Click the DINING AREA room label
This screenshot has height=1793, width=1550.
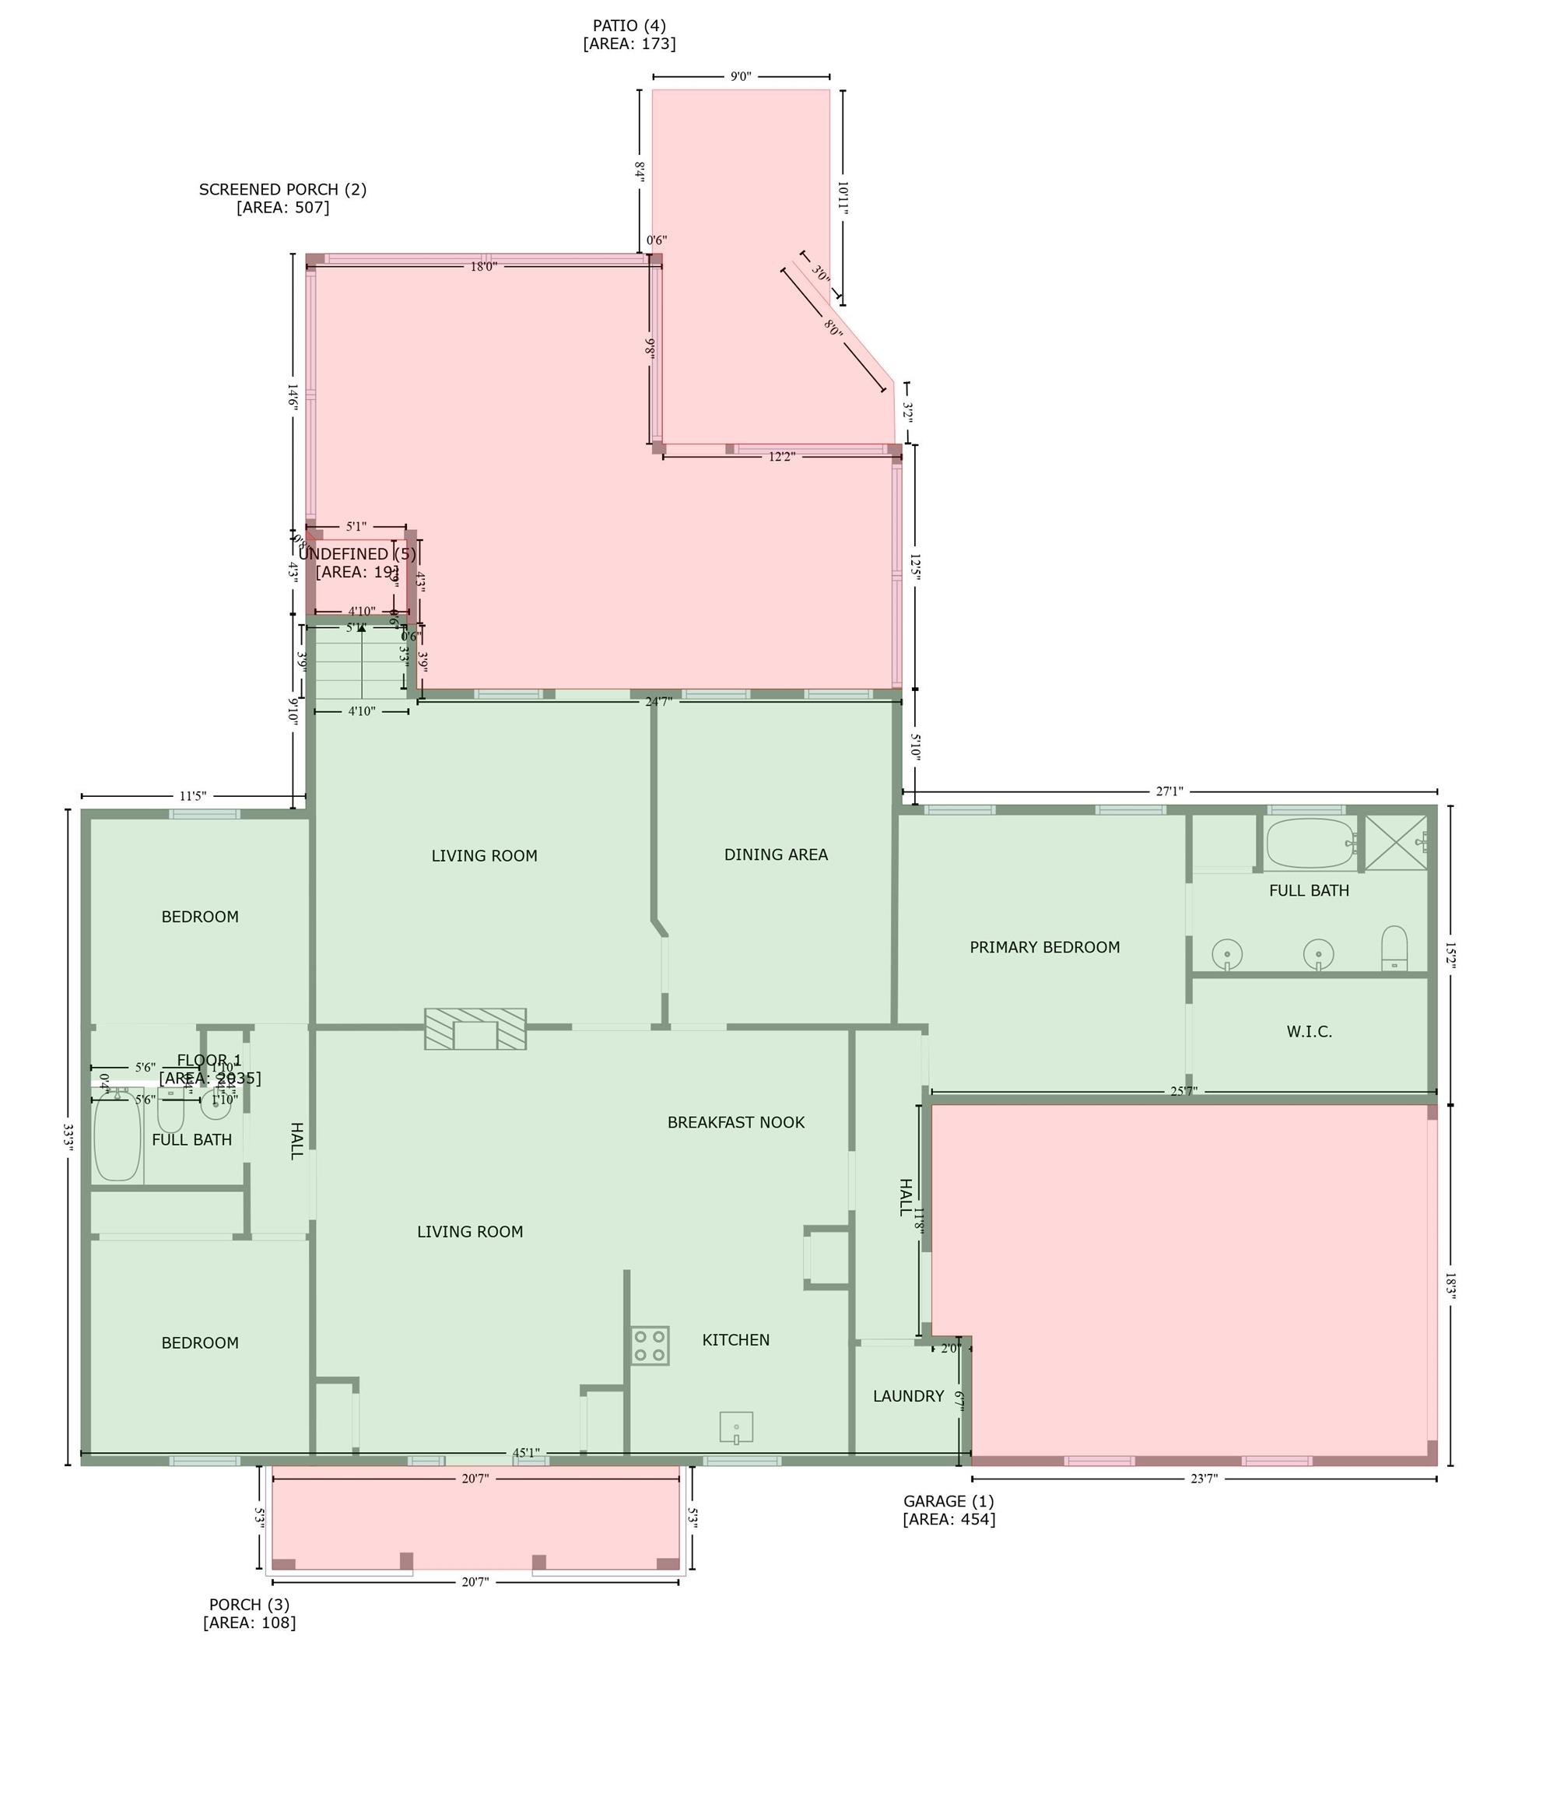776,855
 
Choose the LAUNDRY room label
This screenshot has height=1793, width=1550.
908,1396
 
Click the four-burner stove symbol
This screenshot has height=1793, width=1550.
649,1346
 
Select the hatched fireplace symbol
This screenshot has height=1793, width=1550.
475,1029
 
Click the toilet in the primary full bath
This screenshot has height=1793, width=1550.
1394,949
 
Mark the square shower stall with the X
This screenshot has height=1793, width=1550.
1396,842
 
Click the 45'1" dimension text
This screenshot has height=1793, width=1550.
526,1453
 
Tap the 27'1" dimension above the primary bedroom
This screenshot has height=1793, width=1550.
1170,791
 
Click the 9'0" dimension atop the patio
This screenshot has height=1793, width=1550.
741,76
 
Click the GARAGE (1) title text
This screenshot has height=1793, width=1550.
949,1501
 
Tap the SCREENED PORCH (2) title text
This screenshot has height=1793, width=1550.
283,190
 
